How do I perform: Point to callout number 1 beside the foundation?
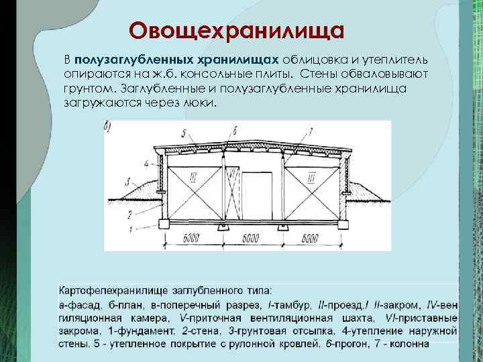point(129,230)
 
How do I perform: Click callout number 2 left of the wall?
point(129,214)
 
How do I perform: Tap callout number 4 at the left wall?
point(147,162)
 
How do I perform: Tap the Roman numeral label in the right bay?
point(311,177)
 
